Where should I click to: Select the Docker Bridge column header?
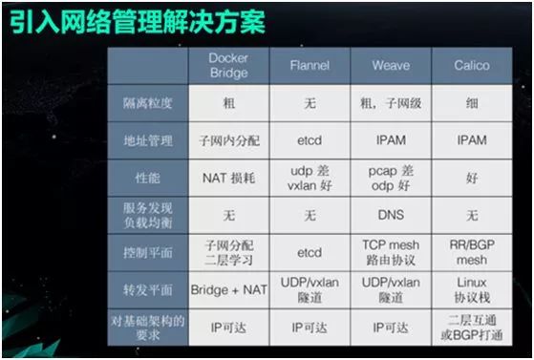[228, 66]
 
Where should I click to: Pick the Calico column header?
[471, 66]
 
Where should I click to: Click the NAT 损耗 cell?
[228, 177]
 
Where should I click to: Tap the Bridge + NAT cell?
[228, 289]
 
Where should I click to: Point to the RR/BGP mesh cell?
[471, 252]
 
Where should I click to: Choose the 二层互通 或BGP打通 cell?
[471, 327]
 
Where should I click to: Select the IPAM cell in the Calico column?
[471, 140]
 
